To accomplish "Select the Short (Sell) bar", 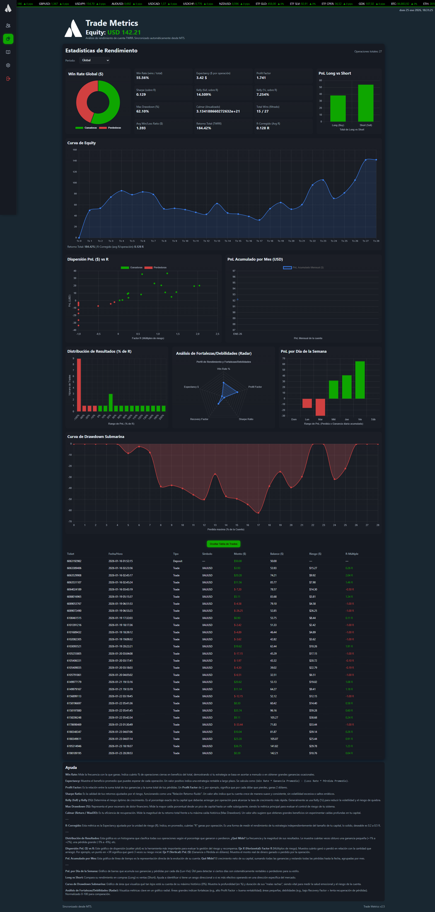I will (366, 103).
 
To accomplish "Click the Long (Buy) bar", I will (338, 108).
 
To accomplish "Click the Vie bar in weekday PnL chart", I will (360, 380).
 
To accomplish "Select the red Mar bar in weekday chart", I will (320, 407).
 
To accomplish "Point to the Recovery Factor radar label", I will (199, 419).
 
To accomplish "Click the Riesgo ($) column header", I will (315, 554).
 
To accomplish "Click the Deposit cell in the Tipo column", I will (178, 561).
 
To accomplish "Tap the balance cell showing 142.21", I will (274, 753).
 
